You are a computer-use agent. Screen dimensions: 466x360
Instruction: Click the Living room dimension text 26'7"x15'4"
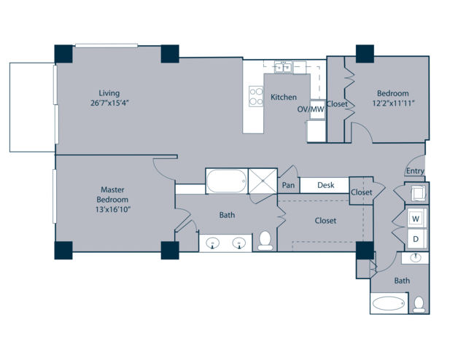[109, 103]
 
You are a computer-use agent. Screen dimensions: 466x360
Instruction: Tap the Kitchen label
[284, 97]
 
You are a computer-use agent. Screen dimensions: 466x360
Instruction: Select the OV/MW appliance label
[311, 109]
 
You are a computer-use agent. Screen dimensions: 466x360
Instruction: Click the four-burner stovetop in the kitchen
[256, 96]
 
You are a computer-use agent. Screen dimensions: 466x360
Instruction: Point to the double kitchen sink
[283, 67]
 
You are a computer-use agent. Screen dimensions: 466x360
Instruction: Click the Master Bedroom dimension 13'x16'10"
[113, 210]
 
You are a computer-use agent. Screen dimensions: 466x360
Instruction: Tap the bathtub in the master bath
[227, 181]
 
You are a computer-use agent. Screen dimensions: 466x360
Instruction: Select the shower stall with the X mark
[263, 181]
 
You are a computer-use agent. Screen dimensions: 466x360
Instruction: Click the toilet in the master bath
[265, 240]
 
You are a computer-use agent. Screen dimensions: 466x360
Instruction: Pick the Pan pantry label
[288, 185]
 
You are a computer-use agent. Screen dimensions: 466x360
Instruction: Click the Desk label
[326, 185]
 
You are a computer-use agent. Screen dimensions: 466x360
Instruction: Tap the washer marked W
[416, 219]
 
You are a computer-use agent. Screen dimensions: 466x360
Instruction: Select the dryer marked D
[416, 238]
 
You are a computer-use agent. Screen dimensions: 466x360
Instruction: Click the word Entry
[415, 171]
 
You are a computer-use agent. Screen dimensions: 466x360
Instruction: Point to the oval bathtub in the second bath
[389, 303]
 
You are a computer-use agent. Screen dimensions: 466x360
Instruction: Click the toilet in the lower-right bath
[419, 305]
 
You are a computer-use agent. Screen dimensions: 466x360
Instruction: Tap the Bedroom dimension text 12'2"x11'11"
[394, 103]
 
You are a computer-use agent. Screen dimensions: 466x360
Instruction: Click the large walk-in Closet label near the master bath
[325, 221]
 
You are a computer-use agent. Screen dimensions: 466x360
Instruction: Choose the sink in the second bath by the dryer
[416, 258]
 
